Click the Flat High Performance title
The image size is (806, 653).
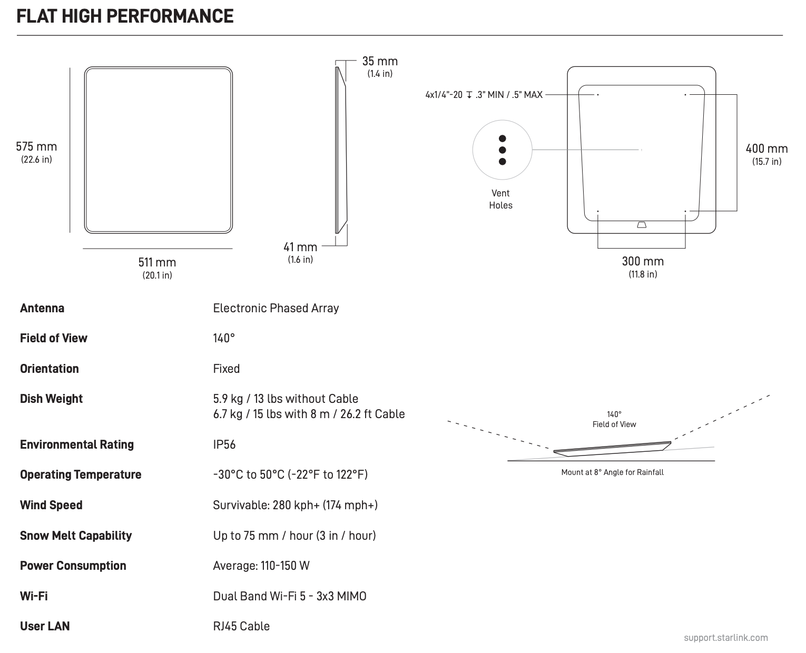point(125,16)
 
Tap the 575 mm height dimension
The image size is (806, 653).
point(36,147)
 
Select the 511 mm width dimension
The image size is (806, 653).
point(157,262)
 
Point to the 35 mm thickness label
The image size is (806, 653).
point(380,62)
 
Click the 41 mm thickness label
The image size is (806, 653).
point(300,247)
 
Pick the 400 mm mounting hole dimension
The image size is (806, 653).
point(766,149)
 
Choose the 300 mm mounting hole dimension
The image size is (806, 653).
point(643,261)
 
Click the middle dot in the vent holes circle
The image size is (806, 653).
point(502,150)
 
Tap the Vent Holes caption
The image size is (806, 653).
point(500,199)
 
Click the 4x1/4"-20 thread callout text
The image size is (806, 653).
point(484,95)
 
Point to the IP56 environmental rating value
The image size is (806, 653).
point(224,444)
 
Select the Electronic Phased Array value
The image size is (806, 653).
point(276,309)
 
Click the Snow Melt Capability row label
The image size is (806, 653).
point(76,536)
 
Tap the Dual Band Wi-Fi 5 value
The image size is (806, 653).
point(290,596)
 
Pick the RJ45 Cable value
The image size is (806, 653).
point(241,626)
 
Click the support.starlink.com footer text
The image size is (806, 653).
point(725,638)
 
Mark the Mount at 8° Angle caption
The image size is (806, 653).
point(612,472)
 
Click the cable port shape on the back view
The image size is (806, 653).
point(642,225)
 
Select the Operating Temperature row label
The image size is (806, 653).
point(81,474)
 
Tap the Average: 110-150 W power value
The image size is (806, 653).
point(261,566)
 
